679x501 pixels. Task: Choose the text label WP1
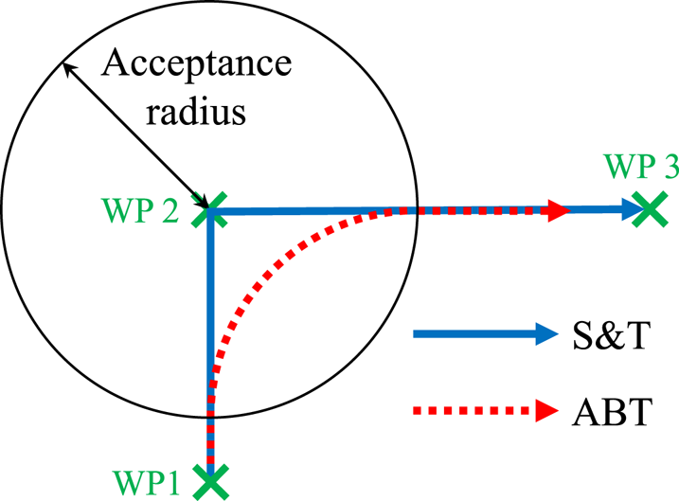(x=148, y=478)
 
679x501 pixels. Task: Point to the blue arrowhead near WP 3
(x=627, y=210)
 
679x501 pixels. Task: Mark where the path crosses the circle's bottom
(x=208, y=414)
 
